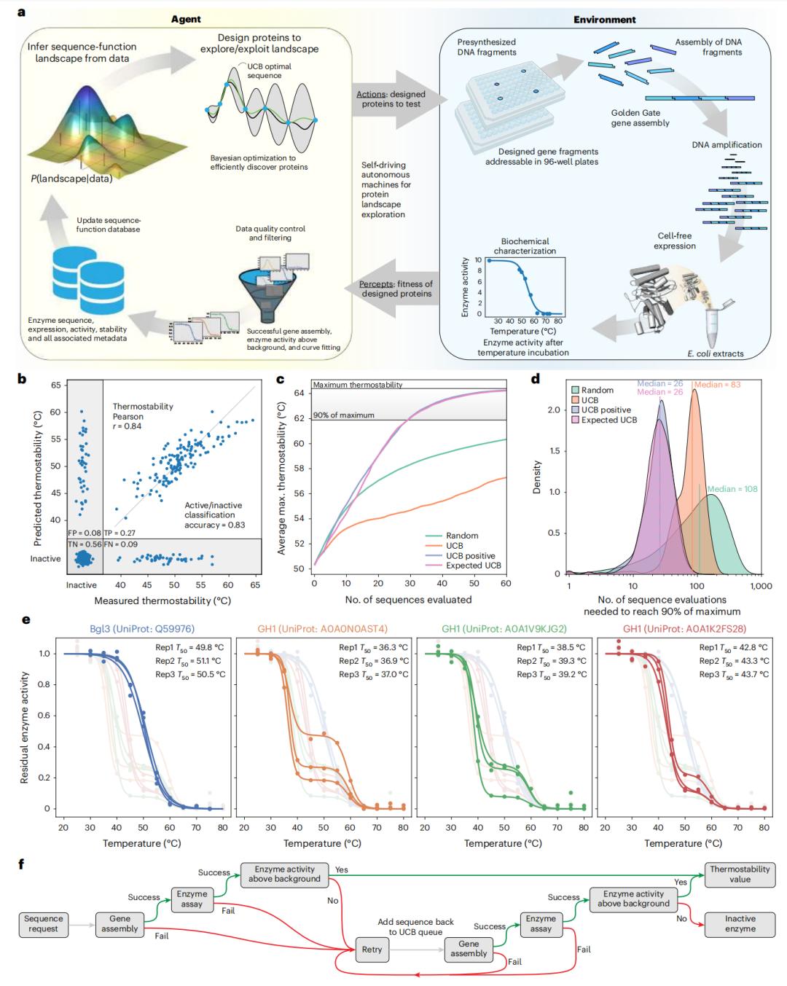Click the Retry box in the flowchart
click(x=372, y=950)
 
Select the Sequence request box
click(x=43, y=923)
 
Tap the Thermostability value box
click(x=740, y=874)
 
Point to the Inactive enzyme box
click(x=740, y=923)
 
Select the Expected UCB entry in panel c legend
click(x=474, y=565)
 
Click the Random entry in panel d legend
click(x=597, y=390)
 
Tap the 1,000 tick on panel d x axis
click(x=761, y=586)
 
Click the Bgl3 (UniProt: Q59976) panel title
click(x=143, y=629)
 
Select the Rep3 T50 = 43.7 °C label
click(x=734, y=674)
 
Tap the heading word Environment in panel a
click(x=604, y=20)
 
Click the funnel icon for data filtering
click(x=263, y=286)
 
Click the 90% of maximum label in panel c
click(x=343, y=415)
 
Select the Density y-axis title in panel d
click(x=537, y=477)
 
